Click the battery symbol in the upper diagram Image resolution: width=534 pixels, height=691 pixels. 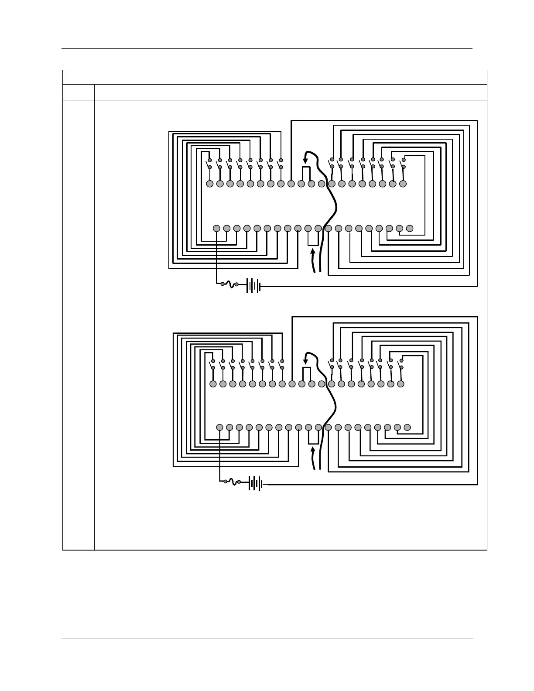253,286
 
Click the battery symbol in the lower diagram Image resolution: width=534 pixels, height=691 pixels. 256,483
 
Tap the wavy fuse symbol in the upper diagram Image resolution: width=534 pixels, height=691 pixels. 229,284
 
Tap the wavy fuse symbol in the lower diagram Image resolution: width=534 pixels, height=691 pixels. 232,482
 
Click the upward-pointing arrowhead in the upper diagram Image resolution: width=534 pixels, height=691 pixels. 312,251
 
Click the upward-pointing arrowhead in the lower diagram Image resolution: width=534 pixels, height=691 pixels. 313,450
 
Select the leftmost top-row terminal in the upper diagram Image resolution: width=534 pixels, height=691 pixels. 209,184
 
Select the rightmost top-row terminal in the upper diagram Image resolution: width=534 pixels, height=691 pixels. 403,184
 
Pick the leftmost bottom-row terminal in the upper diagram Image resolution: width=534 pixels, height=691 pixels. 217,228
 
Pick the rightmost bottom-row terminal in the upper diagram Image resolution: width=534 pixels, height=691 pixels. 410,228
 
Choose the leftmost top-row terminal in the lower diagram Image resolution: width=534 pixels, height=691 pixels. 213,384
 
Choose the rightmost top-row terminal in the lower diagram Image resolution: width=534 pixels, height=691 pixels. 401,384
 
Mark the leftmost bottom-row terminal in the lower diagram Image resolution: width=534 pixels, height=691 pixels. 220,427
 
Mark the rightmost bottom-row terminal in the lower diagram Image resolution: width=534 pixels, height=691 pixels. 407,427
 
